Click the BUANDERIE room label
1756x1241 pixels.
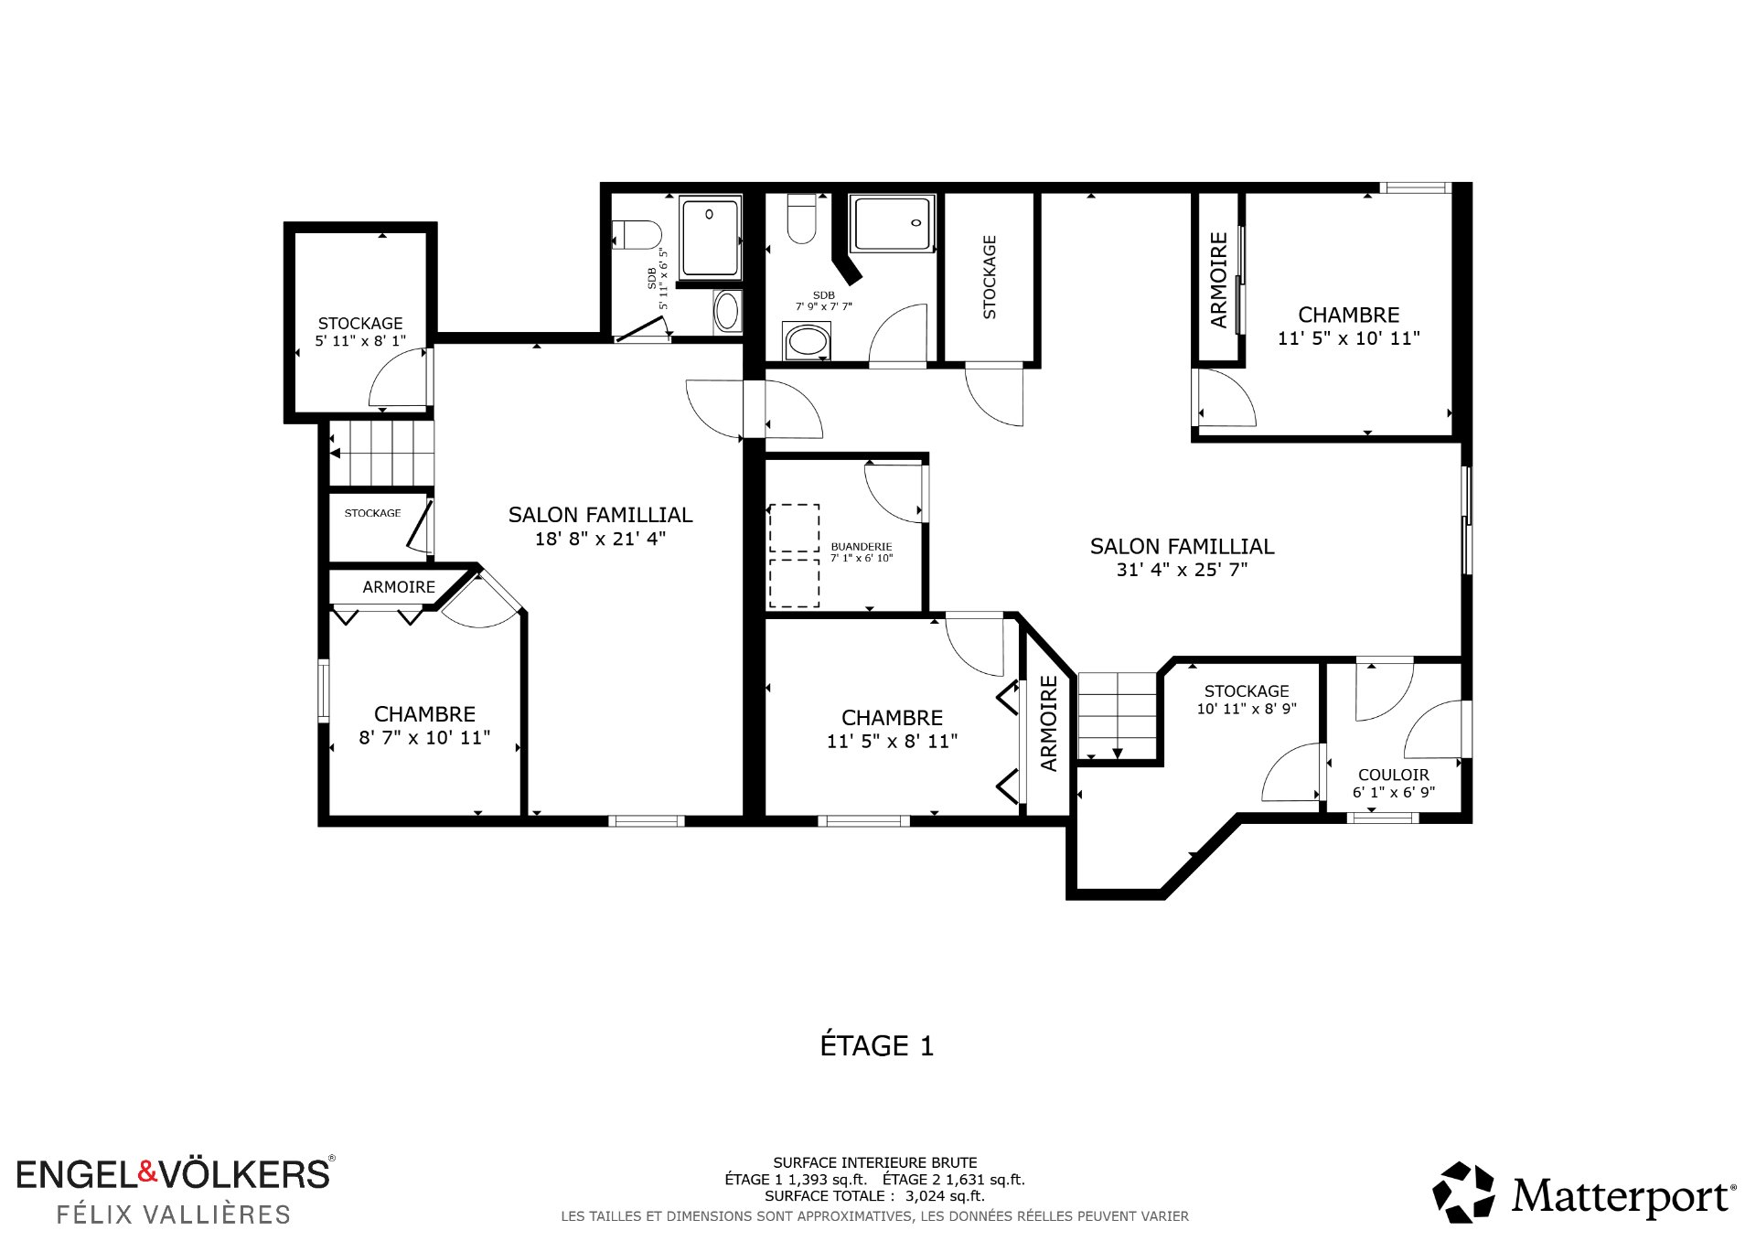tap(862, 546)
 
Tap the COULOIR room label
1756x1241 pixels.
tap(1394, 775)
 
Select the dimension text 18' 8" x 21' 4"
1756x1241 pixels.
tap(600, 539)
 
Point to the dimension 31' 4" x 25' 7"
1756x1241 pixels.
tap(1182, 570)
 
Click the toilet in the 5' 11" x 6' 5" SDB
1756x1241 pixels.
tap(637, 235)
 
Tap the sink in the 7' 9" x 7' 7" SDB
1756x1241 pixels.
tap(807, 342)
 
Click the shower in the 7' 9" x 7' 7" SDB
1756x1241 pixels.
tap(892, 223)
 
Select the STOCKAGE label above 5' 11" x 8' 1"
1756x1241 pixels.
tap(360, 324)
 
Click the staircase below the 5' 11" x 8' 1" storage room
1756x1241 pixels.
tap(380, 453)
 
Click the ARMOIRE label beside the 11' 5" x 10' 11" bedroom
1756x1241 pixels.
tap(1218, 280)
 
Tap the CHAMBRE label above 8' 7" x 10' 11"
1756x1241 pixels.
tap(424, 714)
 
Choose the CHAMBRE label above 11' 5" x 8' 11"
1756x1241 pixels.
tap(892, 718)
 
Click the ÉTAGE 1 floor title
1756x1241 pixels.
tap(877, 1045)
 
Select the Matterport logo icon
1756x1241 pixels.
tap(1463, 1193)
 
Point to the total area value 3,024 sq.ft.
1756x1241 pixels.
tap(945, 1195)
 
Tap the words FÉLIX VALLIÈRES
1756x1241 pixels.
tap(174, 1214)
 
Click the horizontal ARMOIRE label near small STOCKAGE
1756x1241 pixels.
tap(399, 587)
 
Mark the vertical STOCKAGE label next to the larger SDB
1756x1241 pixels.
tap(989, 277)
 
